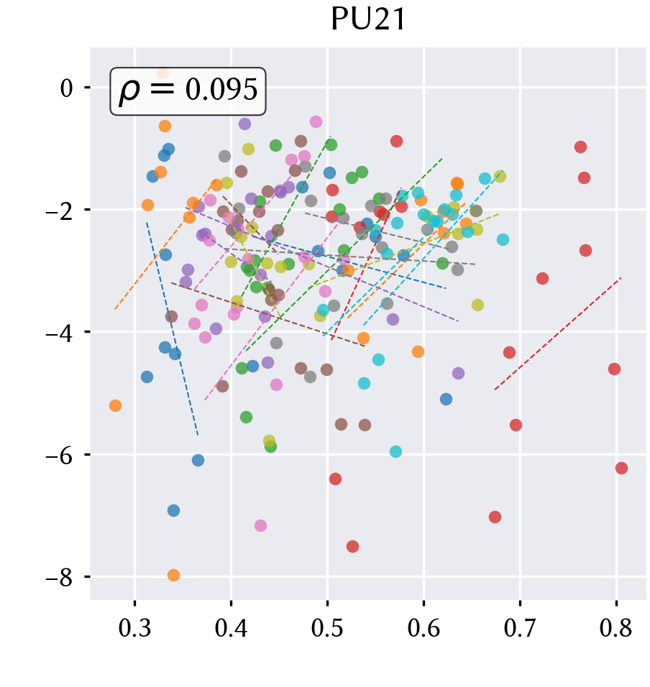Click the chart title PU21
(368, 19)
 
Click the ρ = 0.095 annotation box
(188, 91)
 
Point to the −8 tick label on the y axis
(60, 578)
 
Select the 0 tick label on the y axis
(67, 88)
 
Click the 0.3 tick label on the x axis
(134, 628)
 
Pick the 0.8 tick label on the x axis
(615, 628)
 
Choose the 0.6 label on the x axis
(424, 628)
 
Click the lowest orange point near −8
(173, 576)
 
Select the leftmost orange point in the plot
(115, 406)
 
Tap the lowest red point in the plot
(352, 546)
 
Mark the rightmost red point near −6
(621, 468)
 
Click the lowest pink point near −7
(260, 525)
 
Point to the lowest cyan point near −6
(395, 451)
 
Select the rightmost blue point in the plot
(446, 399)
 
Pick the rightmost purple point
(458, 373)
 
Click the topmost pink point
(316, 121)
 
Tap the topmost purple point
(244, 124)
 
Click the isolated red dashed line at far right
(557, 334)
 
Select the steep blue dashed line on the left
(173, 328)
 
